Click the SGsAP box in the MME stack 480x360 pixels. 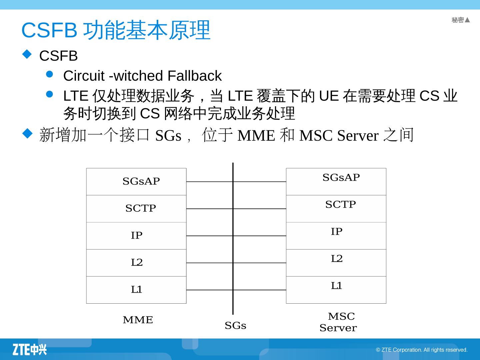[136, 182]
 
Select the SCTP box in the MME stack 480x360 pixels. [136, 209]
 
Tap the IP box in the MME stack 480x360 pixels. [136, 236]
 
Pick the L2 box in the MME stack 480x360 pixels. [136, 263]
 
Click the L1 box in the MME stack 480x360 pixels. [136, 290]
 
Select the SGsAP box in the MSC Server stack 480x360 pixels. [336, 182]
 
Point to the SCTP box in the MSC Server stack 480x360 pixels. [336, 209]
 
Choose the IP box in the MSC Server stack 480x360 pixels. [336, 236]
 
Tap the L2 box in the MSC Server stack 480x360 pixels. [336, 263]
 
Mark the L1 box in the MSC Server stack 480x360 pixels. [336, 290]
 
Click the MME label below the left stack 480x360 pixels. [138, 320]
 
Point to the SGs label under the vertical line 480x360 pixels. [235, 326]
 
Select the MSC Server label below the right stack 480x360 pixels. [338, 322]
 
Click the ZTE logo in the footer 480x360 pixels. [30, 349]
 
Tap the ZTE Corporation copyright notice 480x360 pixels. [422, 350]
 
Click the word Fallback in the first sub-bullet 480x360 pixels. [194, 76]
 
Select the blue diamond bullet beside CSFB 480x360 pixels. [27, 54]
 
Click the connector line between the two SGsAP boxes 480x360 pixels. [209, 182]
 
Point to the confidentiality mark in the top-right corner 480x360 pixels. [461, 20]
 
